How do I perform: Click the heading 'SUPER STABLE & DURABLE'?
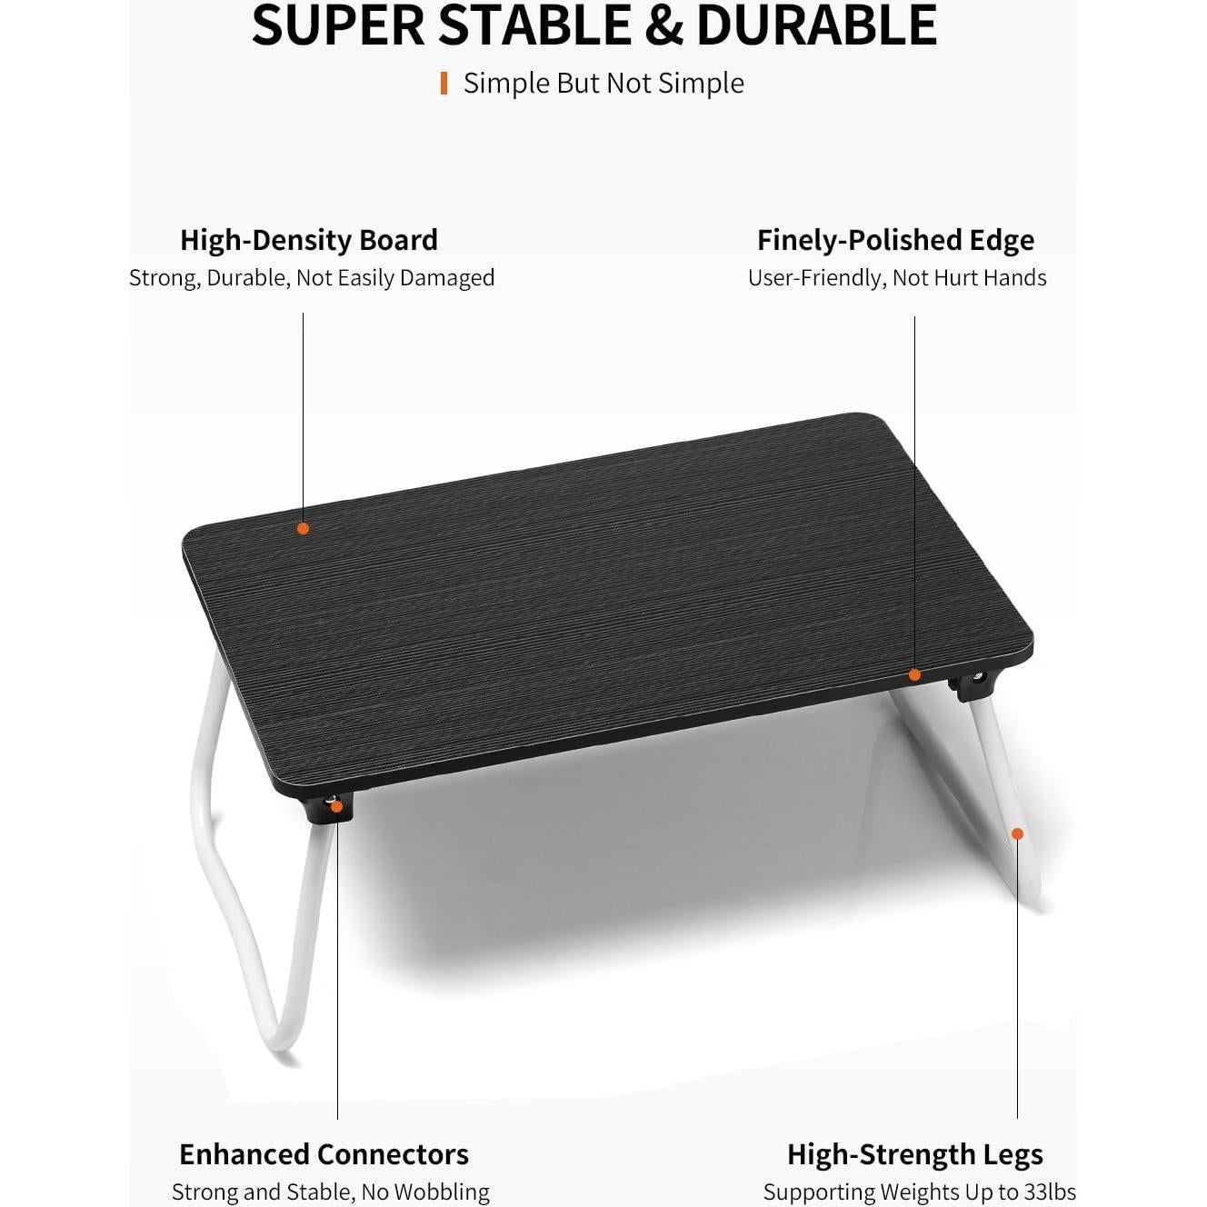pos(594,25)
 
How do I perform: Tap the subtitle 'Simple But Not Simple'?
pos(603,84)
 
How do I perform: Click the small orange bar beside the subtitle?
pos(444,84)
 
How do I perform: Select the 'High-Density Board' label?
pos(309,240)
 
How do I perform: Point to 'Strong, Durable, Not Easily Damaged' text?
pos(312,278)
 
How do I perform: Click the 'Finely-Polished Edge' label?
pos(895,240)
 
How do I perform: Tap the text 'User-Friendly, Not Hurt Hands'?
pos(897,278)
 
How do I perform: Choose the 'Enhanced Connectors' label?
pos(324,1154)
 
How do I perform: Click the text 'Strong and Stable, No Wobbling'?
pos(331,1192)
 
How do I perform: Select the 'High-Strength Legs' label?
pos(914,1154)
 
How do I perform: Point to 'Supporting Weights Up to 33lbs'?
pos(919,1192)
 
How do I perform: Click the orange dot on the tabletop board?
pos(303,528)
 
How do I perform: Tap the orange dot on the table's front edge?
pos(914,674)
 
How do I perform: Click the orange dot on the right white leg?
pos(1017,833)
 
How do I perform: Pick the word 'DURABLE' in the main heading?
pos(816,25)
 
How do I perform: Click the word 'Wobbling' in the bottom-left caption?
pos(444,1192)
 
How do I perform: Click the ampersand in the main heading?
pos(666,25)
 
